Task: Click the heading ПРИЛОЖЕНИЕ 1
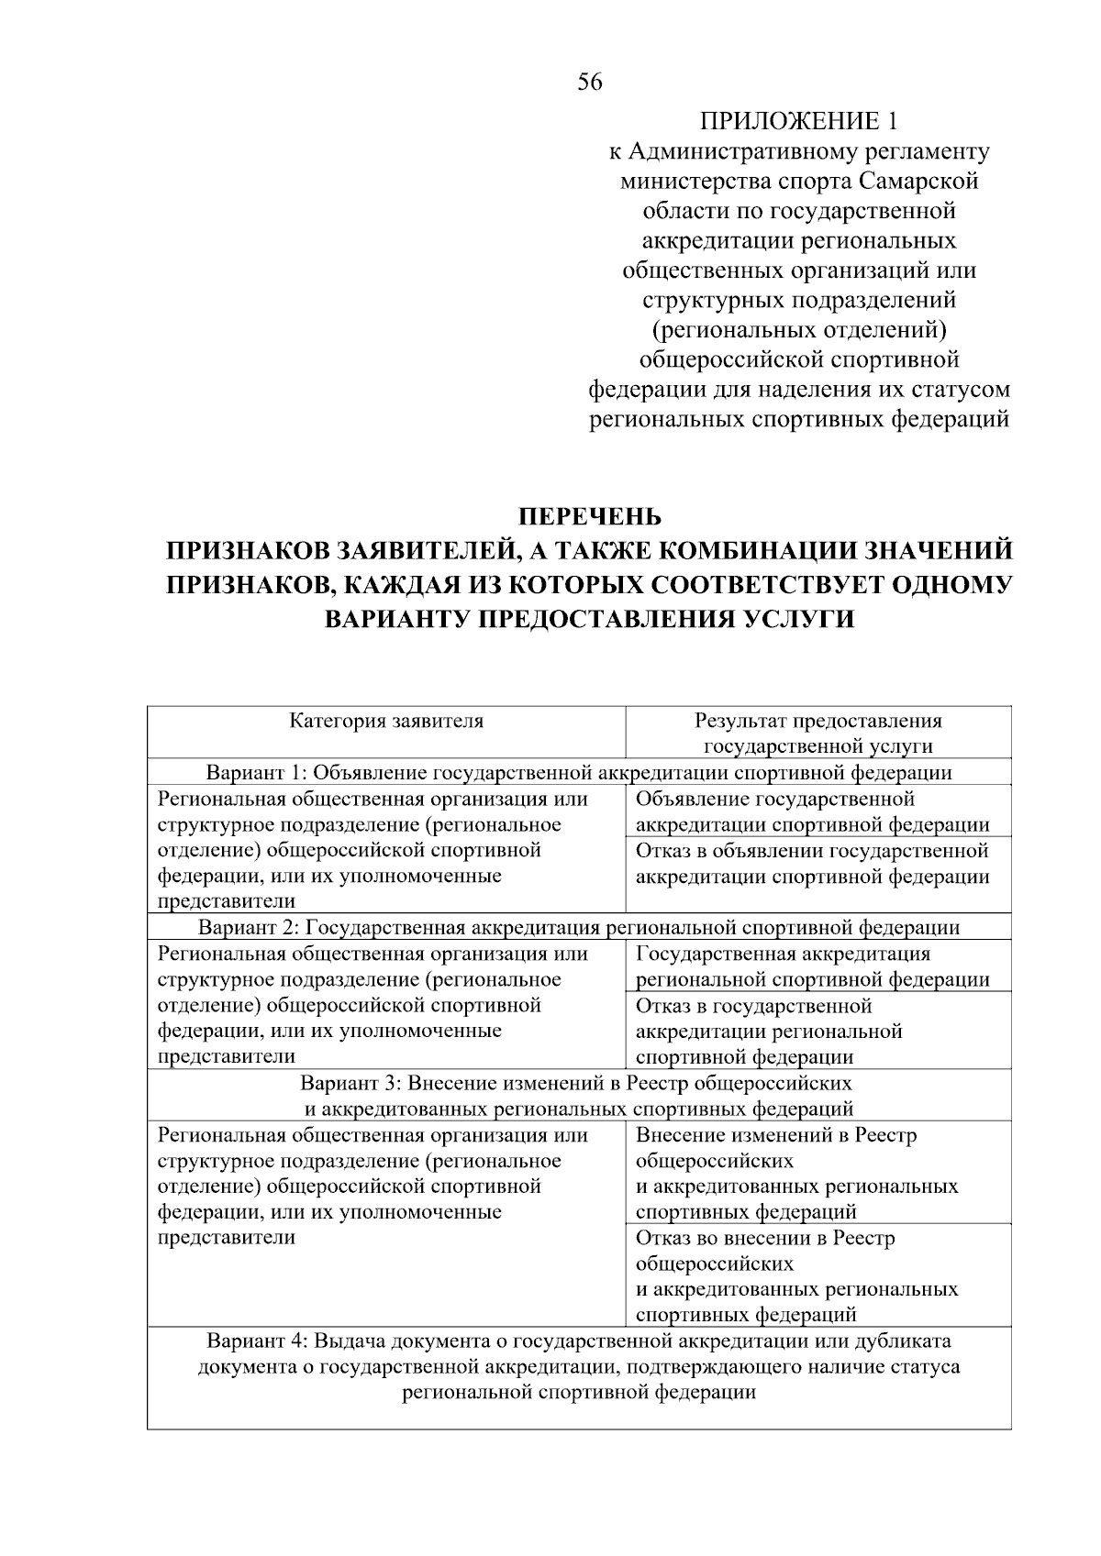point(797,121)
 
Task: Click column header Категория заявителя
point(386,721)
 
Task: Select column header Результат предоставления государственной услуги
point(817,733)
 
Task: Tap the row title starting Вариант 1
point(579,772)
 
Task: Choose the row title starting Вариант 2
point(579,927)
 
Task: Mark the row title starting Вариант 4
point(579,1366)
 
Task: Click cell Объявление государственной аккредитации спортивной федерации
point(812,811)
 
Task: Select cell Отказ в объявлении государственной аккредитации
point(812,864)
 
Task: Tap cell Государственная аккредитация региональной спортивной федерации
point(812,966)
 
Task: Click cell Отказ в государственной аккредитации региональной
point(771,1031)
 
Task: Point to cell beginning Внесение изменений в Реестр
point(796,1173)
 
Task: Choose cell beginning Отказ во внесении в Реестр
point(796,1275)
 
